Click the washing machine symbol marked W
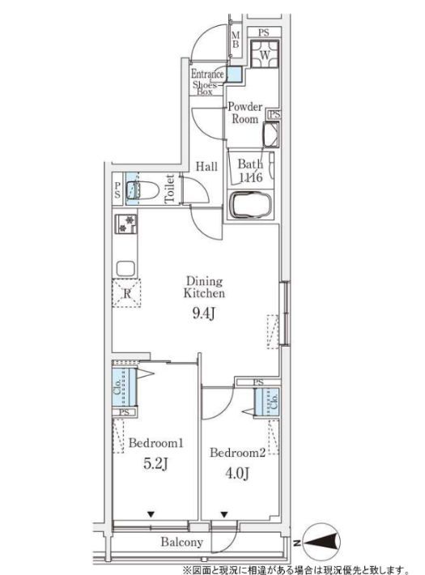coord(265,53)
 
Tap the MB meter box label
coord(236,40)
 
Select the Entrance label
coord(207,74)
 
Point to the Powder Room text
coord(245,113)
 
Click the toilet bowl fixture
coord(142,190)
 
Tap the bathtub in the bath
coord(251,205)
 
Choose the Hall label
coord(206,167)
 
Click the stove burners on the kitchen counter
coord(125,224)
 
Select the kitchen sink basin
coord(125,268)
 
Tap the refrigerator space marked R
coord(126,293)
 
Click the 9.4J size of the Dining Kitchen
coord(203,313)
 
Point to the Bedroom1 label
coord(156,443)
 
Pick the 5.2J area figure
coord(155,464)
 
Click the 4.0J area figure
coord(237,474)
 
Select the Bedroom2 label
coord(237,453)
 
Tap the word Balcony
coord(182,542)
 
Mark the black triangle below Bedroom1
coord(151,514)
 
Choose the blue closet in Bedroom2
coord(266,402)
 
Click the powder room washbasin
coord(270,134)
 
